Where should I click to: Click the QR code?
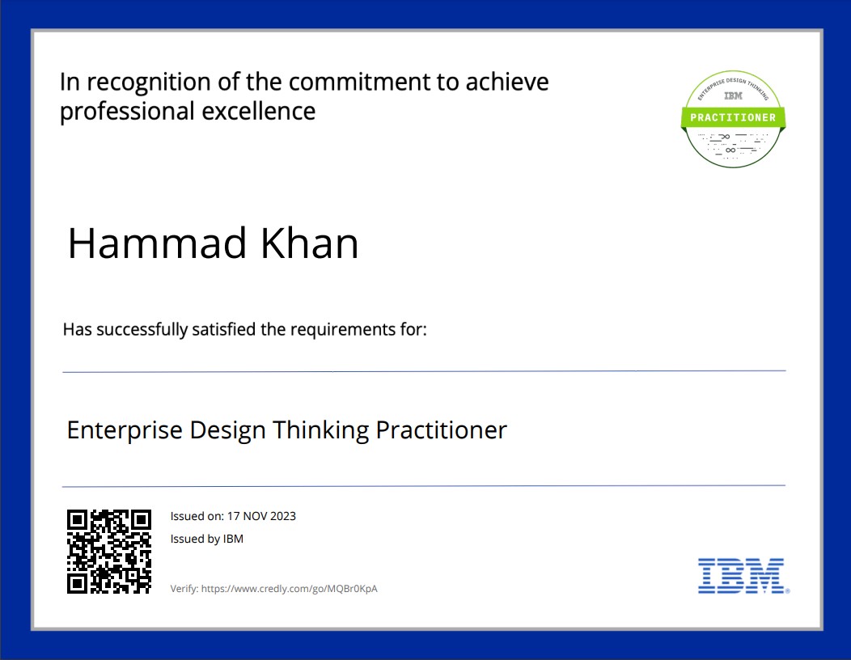[109, 552]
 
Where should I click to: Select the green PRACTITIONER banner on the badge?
[733, 117]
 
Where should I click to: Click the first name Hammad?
[157, 243]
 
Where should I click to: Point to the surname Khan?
[309, 243]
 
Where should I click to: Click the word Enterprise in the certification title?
[125, 430]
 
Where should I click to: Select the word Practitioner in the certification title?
[441, 429]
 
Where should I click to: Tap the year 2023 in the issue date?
[283, 516]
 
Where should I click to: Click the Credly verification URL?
[290, 588]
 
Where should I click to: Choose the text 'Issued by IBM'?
[207, 539]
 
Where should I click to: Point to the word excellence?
[258, 112]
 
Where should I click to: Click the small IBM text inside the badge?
[733, 96]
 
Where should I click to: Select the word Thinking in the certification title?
[321, 430]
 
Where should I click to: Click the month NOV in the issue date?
[255, 516]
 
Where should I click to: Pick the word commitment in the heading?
[359, 82]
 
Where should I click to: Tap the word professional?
[127, 112]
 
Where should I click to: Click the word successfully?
[142, 329]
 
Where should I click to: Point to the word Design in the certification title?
[227, 430]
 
